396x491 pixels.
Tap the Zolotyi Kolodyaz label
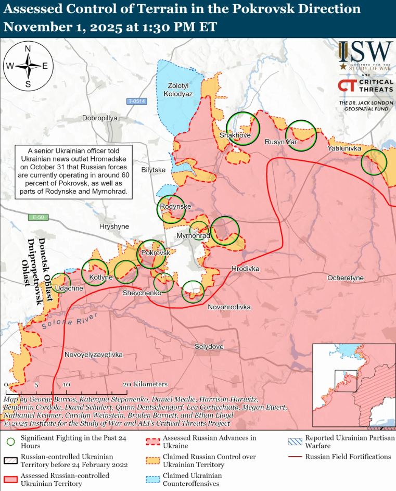pyautogui.click(x=181, y=90)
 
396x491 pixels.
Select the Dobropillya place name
pyautogui.click(x=100, y=118)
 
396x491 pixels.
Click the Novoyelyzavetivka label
pyautogui.click(x=94, y=355)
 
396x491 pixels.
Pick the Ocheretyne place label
pyautogui.click(x=345, y=279)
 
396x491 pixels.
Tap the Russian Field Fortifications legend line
pyautogui.click(x=296, y=457)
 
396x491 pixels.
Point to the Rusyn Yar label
pyautogui.click(x=281, y=142)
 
